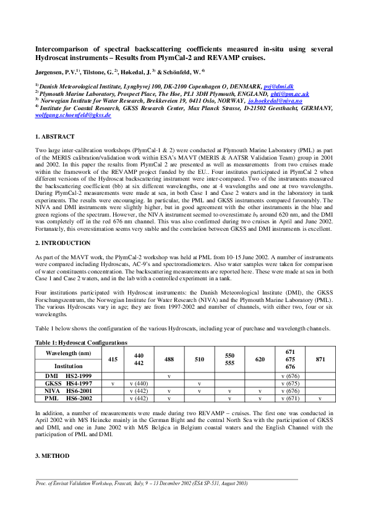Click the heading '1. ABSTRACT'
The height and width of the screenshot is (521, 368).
point(54,136)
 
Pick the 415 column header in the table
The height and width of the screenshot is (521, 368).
point(112,359)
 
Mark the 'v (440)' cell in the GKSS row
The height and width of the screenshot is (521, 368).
point(140,383)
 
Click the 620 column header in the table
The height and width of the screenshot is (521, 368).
point(260,359)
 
